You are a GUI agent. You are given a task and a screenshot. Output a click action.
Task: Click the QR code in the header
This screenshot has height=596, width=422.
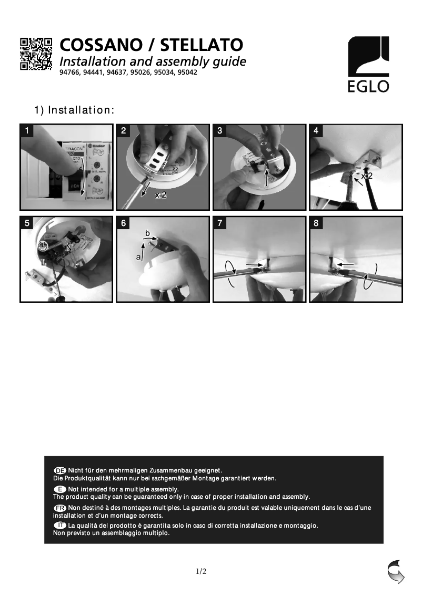click(36, 54)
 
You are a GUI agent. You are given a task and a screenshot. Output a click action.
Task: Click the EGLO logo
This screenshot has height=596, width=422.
click(368, 64)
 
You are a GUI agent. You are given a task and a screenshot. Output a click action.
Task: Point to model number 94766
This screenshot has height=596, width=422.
click(70, 73)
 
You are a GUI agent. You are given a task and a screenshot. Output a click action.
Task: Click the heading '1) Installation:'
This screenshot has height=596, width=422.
click(74, 110)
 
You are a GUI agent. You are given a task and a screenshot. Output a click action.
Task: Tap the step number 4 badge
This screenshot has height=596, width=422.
click(316, 131)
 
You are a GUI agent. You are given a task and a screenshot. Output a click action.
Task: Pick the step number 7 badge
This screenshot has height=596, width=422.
click(219, 223)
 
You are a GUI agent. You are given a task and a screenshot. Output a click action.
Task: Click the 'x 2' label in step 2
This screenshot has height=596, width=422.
click(160, 196)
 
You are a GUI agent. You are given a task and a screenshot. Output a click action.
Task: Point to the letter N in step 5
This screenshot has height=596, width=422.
click(68, 246)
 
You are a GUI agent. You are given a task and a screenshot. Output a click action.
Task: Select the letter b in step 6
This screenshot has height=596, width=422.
click(148, 233)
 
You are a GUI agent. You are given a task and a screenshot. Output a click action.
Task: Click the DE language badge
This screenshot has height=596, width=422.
click(60, 469)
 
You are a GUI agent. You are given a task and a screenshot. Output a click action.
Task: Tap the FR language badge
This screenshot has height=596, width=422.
click(60, 508)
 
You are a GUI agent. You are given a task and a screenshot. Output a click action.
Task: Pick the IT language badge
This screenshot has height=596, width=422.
click(60, 525)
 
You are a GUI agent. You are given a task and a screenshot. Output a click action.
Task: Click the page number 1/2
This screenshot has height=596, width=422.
click(201, 571)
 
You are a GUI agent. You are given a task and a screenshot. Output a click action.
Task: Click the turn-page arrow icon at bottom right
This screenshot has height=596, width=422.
click(396, 572)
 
